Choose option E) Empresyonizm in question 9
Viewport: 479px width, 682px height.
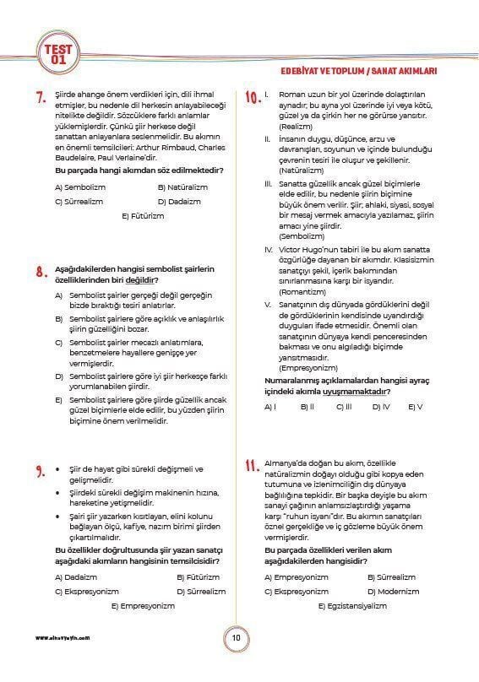click(x=143, y=605)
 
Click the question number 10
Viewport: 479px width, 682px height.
click(x=252, y=98)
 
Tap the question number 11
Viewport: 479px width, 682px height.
click(x=251, y=467)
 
